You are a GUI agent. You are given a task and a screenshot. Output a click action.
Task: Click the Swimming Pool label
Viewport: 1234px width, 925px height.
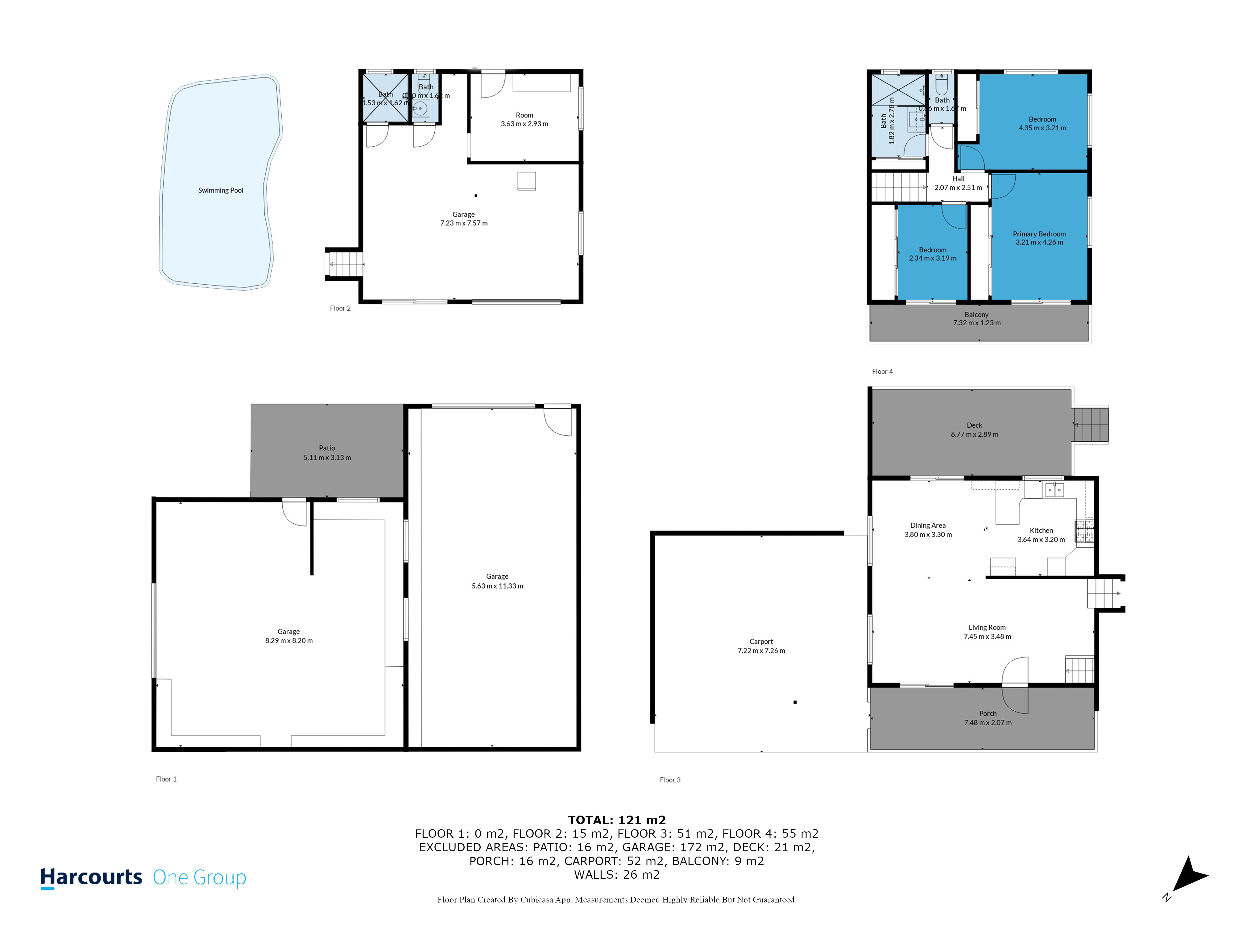click(x=220, y=190)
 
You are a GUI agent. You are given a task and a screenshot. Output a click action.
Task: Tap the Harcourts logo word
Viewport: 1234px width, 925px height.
click(x=91, y=877)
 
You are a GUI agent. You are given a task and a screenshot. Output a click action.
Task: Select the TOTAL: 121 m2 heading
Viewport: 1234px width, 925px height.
click(x=616, y=820)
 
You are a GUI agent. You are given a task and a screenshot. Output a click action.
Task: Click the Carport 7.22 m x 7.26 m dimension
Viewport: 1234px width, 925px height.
click(x=761, y=651)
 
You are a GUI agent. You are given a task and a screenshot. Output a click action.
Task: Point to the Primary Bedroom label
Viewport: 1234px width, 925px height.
click(x=1039, y=234)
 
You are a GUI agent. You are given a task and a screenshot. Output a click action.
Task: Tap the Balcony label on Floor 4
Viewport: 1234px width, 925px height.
click(x=976, y=314)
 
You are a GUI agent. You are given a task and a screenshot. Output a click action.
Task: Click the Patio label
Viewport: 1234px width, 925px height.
click(x=327, y=448)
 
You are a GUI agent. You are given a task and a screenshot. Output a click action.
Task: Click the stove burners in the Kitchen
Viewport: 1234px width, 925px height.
click(x=1084, y=531)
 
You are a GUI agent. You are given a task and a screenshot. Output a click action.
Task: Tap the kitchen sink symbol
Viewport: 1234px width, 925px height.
click(x=1054, y=490)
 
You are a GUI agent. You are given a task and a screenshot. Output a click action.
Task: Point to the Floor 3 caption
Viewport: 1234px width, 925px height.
click(x=670, y=780)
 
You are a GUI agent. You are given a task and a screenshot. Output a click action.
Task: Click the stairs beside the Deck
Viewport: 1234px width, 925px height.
click(x=1091, y=425)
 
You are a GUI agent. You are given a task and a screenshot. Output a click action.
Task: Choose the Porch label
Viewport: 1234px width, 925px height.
click(x=988, y=713)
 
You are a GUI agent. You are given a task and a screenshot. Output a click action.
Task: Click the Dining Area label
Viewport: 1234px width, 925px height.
click(x=928, y=525)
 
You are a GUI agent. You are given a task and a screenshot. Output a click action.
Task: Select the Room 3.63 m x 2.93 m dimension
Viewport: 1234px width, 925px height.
click(x=524, y=124)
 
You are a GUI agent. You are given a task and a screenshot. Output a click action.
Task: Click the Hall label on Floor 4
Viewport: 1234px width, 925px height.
click(x=958, y=179)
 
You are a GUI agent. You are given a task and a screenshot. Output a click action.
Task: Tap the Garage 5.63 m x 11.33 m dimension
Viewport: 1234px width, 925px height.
click(x=497, y=586)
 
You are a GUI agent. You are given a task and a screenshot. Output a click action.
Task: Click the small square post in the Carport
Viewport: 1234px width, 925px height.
click(x=795, y=702)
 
